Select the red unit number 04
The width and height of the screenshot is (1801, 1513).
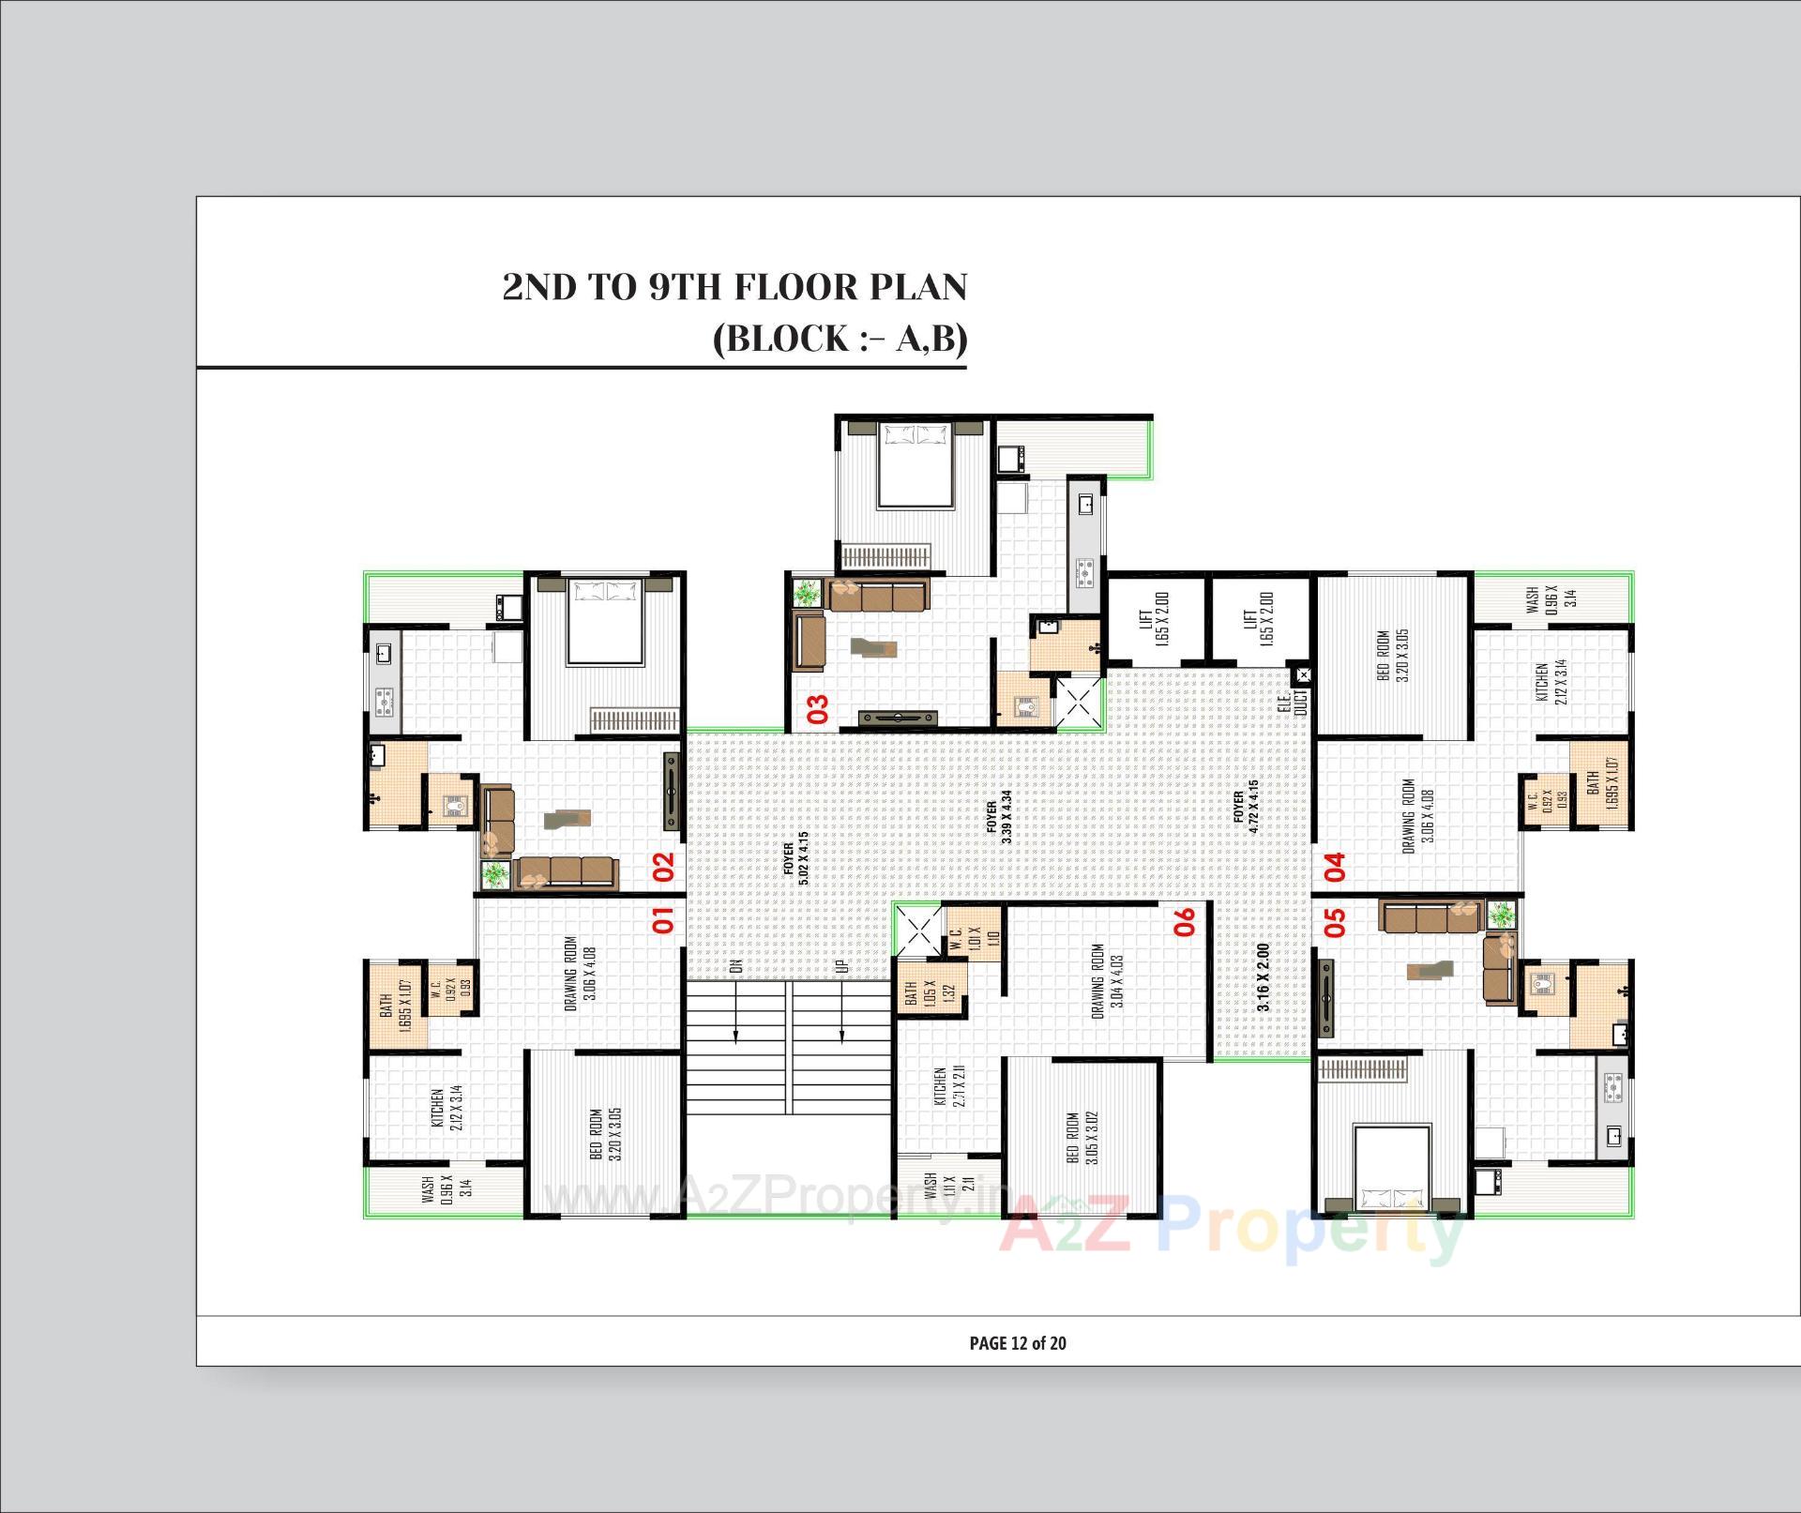[1335, 866]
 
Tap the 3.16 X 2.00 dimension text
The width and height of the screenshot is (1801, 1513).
[1264, 976]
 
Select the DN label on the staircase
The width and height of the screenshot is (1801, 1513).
[736, 965]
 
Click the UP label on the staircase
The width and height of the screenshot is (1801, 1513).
[841, 965]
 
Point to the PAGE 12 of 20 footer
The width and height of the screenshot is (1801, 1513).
[1017, 1343]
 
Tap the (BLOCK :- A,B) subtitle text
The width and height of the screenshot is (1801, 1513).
[840, 338]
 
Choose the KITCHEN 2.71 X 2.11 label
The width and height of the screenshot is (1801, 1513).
[947, 1086]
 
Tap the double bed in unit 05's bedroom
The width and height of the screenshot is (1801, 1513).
[1392, 1168]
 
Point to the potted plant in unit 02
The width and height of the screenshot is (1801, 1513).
[493, 874]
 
